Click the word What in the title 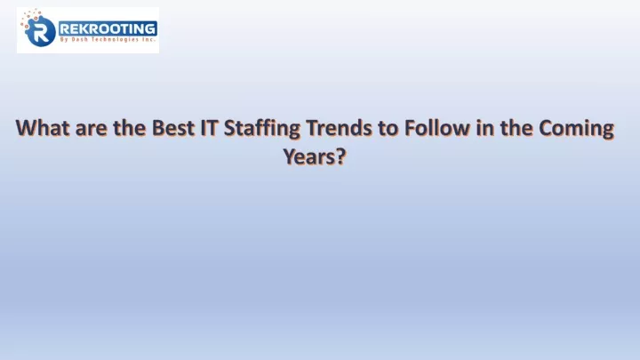(x=43, y=128)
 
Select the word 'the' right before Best (x=130, y=128)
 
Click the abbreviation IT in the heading (x=210, y=128)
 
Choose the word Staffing (x=262, y=130)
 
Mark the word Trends (x=339, y=128)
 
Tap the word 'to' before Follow (x=388, y=129)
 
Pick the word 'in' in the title (x=485, y=128)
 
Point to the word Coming (x=576, y=130)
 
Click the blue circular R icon (x=40, y=31)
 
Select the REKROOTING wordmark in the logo (x=108, y=29)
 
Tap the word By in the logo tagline (x=64, y=40)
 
